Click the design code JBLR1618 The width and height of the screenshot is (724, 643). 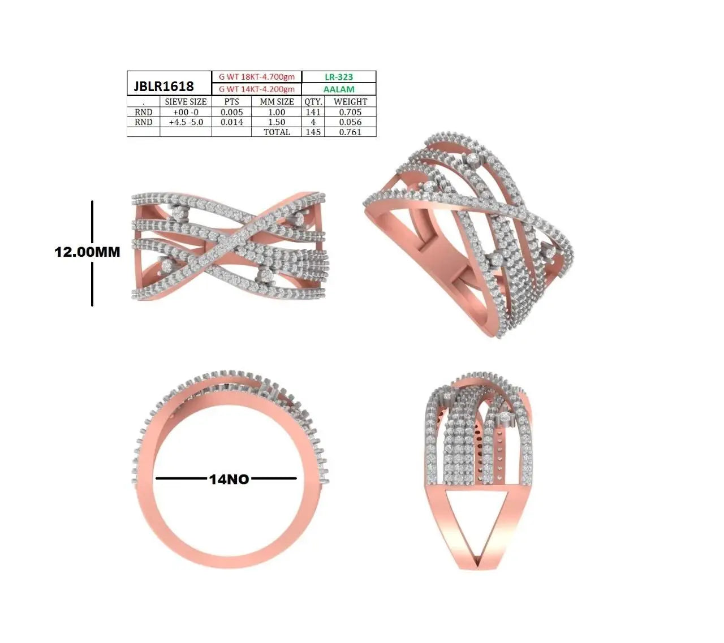[163, 86]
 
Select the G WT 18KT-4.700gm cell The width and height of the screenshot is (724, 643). [257, 76]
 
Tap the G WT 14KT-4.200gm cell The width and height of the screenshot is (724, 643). [257, 89]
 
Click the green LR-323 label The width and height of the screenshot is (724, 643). [339, 77]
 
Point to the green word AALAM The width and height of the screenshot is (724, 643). [339, 89]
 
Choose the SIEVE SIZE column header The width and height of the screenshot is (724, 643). [186, 101]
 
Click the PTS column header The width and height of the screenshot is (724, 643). [231, 101]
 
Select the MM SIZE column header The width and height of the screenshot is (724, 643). [277, 101]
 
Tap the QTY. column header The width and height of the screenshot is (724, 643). [313, 102]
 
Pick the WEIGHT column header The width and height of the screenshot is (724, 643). [350, 101]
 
